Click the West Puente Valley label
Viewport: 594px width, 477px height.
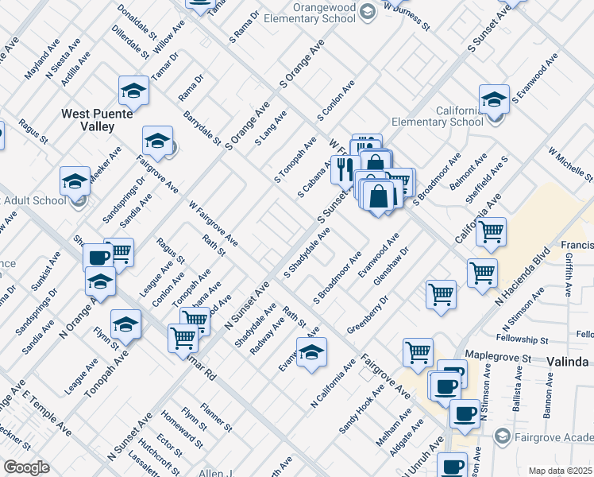point(94,120)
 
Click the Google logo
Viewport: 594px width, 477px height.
point(26,467)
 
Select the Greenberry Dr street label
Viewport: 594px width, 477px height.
point(367,316)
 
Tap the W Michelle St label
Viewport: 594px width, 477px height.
point(569,164)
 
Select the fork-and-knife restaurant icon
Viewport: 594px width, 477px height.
point(345,169)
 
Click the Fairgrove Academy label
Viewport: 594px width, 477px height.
point(547,435)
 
